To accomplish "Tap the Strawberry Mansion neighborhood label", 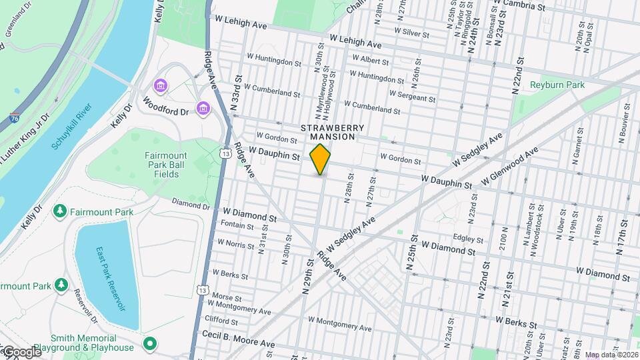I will [333, 132].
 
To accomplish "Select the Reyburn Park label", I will [557, 85].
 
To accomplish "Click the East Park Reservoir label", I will [110, 279].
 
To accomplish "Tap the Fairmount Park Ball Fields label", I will [162, 165].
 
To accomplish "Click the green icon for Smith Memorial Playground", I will [151, 344].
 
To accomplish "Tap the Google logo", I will [21, 351].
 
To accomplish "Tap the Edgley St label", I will [467, 238].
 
